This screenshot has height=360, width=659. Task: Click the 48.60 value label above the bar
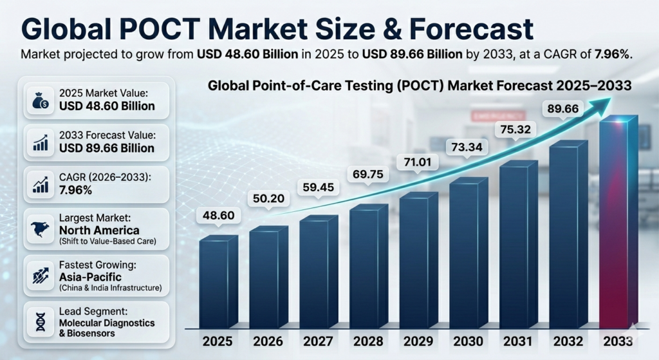218,215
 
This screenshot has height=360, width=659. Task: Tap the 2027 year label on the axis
319,340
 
